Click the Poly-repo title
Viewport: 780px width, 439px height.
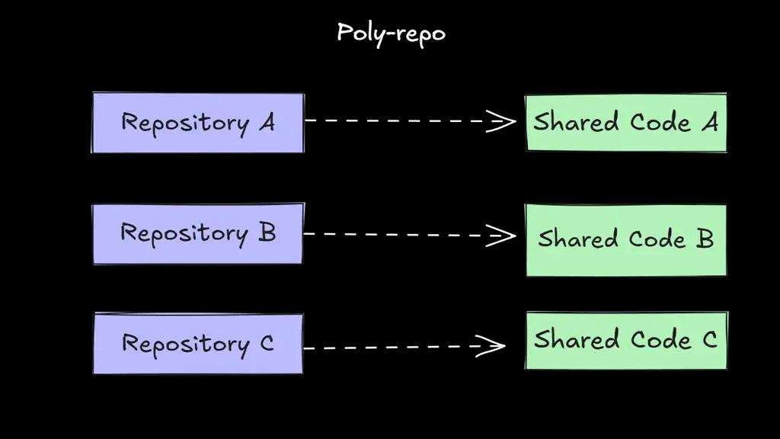click(391, 33)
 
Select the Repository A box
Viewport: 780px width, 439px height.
click(198, 123)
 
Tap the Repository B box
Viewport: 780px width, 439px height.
click(197, 234)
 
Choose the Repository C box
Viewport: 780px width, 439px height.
click(197, 344)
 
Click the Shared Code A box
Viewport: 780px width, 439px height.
click(625, 123)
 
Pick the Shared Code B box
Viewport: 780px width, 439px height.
click(625, 239)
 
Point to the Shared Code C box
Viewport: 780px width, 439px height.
click(625, 340)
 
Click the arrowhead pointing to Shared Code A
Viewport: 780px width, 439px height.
click(503, 120)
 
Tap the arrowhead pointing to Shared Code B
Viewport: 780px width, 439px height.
click(503, 235)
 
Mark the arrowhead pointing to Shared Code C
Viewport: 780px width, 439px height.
click(494, 347)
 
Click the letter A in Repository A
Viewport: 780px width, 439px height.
click(266, 122)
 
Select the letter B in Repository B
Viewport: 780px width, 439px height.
click(267, 232)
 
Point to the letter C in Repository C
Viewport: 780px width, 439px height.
click(266, 344)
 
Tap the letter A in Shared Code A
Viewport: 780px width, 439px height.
click(709, 122)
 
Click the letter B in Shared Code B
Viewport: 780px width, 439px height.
click(705, 239)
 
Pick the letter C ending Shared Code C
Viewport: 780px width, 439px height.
click(709, 339)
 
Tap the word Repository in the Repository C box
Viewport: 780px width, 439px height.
click(185, 344)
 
